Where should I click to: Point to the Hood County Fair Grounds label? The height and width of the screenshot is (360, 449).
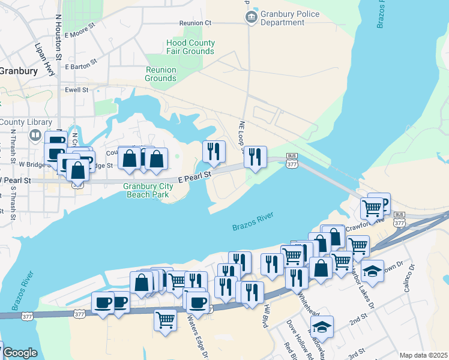(x=190, y=47)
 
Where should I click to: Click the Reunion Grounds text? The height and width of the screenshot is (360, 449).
(x=161, y=74)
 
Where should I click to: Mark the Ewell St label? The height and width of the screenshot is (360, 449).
(x=76, y=90)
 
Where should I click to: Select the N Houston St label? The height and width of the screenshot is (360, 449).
(x=58, y=39)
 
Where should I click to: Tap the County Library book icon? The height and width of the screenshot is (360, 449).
(x=35, y=136)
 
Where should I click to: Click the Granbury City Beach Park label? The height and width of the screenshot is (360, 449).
(x=148, y=190)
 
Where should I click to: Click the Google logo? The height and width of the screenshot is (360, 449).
(x=20, y=353)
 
